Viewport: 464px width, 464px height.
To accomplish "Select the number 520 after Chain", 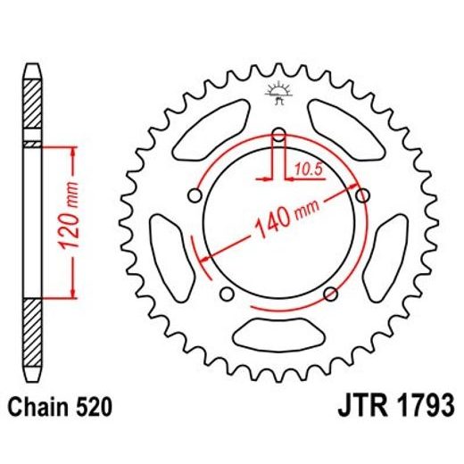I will (95, 409).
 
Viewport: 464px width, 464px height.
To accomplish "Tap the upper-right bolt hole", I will (361, 195).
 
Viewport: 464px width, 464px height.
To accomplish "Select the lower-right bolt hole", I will (331, 294).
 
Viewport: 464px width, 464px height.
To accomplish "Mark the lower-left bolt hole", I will (226, 294).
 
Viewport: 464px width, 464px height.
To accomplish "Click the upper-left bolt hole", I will (195, 195).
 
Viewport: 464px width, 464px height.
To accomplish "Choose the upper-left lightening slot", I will (213, 125).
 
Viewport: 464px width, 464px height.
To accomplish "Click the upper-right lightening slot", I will (344, 125).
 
